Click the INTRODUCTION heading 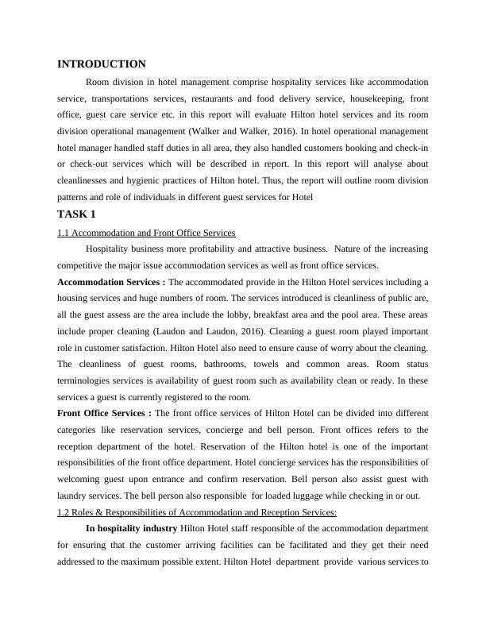point(102,64)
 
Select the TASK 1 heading point(77,214)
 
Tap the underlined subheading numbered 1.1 point(146,233)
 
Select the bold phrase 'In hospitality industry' point(132,528)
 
